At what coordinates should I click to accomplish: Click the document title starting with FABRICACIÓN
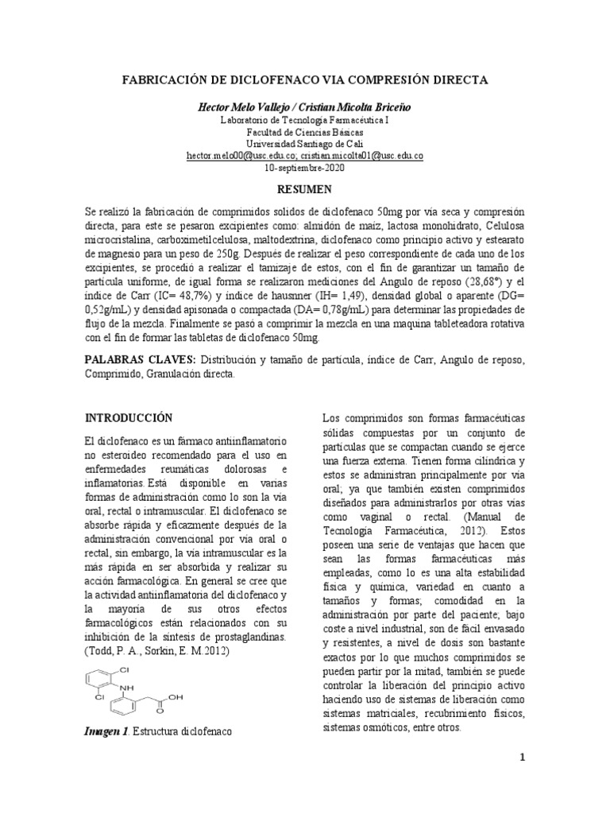pos(304,80)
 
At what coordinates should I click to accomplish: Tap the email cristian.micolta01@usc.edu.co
pos(361,157)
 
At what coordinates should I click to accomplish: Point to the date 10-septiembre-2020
pos(304,169)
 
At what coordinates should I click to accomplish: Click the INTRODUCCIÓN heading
pos(128,417)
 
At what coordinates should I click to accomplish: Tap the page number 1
pos(523,757)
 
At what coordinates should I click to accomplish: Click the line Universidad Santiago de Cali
pos(304,143)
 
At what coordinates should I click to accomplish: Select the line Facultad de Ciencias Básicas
pos(304,131)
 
